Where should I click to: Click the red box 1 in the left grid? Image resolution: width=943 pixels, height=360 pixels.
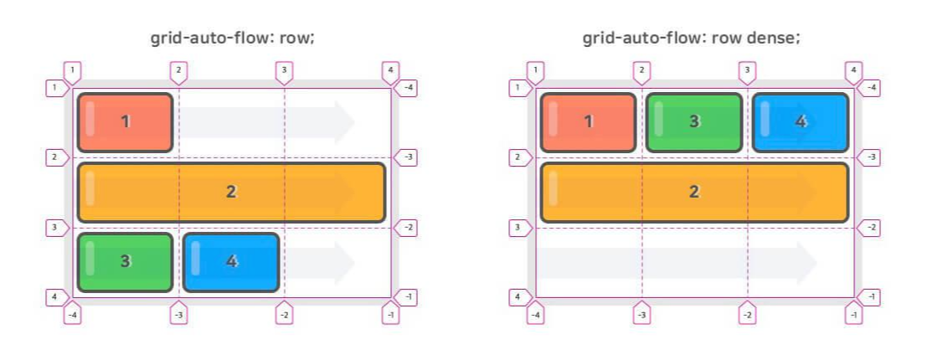coord(125,122)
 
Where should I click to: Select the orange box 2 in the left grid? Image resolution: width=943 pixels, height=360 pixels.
coord(231,192)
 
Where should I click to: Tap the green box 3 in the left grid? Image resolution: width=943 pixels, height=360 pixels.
coord(125,261)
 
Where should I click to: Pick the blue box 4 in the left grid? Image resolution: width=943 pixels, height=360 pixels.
coord(231,261)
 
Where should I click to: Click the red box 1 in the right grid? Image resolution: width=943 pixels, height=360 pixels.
coord(588,122)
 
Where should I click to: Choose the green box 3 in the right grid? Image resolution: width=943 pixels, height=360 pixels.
coord(693,122)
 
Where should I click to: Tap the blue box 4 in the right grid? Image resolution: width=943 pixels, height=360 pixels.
coord(800,122)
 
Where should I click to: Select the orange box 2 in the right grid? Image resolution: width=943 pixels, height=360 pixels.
coord(693,192)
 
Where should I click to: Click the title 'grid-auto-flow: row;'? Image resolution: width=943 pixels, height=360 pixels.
coord(232,39)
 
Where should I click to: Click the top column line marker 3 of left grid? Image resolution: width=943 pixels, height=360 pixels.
coord(284,72)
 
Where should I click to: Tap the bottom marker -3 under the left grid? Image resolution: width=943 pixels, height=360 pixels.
coord(178,314)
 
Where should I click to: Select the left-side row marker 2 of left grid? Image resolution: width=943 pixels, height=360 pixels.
coord(55,157)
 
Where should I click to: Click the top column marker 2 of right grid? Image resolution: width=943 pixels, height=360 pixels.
coord(642,72)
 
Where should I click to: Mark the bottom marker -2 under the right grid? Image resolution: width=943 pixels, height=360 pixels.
coord(747,314)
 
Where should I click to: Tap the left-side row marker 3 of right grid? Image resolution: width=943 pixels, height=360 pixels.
coord(519,228)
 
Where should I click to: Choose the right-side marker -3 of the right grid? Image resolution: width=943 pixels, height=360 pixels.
coord(869,157)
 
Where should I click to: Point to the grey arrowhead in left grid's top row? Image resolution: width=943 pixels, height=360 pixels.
coord(343,122)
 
